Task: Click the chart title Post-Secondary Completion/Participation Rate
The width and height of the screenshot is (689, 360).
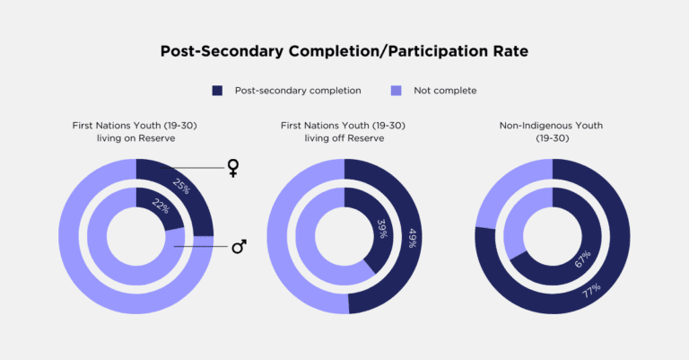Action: [344, 51]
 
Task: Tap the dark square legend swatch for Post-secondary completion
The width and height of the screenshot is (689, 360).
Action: [216, 91]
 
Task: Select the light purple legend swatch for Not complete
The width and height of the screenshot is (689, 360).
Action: [396, 91]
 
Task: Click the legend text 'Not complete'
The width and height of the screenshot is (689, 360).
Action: [445, 91]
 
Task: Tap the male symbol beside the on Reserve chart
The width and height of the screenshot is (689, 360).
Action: [239, 245]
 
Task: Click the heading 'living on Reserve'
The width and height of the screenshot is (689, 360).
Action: [135, 140]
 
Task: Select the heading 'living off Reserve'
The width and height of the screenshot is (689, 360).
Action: [344, 140]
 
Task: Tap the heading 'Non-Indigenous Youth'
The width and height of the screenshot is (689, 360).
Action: [553, 126]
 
